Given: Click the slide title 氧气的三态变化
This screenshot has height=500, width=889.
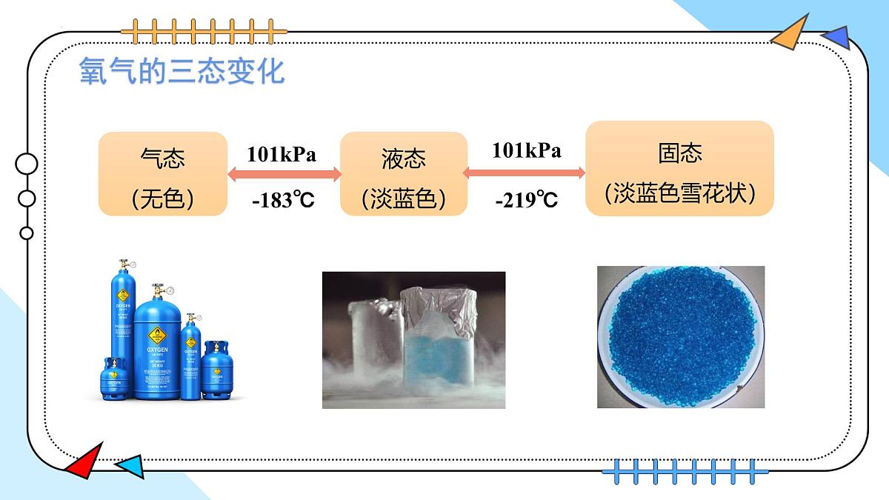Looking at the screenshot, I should pos(182,73).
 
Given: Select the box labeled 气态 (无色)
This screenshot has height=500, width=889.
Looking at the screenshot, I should pos(163,174).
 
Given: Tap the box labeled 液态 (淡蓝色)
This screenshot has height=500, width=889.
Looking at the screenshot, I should pos(404,174).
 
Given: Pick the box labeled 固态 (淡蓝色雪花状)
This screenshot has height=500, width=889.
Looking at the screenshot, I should pos(679,169).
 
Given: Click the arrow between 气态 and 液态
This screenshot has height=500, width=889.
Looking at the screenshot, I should pos(284,175).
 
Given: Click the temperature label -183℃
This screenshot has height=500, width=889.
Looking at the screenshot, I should pos(284,200).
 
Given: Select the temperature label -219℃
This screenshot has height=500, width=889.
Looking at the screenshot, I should pos(527,200).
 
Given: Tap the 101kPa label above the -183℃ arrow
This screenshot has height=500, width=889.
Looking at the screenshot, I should pos(282,154).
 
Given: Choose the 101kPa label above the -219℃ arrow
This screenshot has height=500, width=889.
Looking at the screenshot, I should pos(527,150).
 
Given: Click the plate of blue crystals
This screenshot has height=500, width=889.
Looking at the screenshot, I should pos(680,337).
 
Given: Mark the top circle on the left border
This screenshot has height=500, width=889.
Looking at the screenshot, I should pos(27,164).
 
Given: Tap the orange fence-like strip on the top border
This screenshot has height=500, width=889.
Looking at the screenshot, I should pos(204,32).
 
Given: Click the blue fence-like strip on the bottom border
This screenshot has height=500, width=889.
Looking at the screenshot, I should pos(680,470).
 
